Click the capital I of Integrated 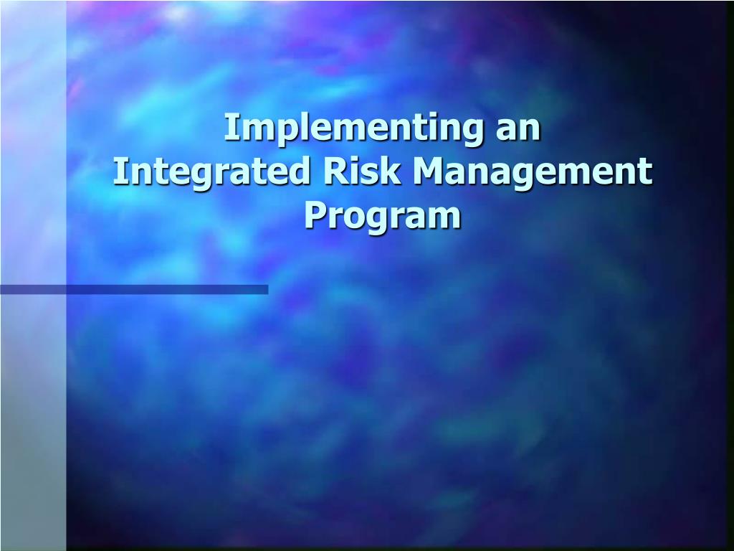point(120,172)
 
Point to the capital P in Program point(314,215)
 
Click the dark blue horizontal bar point(134,290)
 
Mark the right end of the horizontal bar point(265,290)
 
